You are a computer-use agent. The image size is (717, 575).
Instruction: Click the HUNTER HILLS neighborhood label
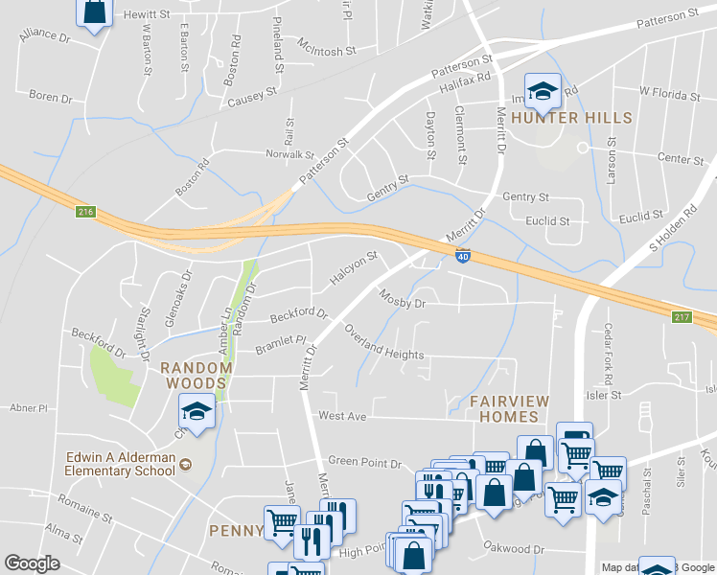click(572, 118)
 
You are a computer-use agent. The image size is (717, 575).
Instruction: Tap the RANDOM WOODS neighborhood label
click(197, 375)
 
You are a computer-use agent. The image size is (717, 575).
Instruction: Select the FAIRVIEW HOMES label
click(503, 408)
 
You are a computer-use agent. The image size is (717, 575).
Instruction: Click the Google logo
click(33, 563)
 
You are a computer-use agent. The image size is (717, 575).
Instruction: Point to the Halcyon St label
click(355, 262)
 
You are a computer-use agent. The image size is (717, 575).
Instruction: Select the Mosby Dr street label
click(402, 298)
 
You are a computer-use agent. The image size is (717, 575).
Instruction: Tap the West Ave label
click(343, 416)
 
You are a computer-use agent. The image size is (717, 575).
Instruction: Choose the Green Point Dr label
click(363, 463)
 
